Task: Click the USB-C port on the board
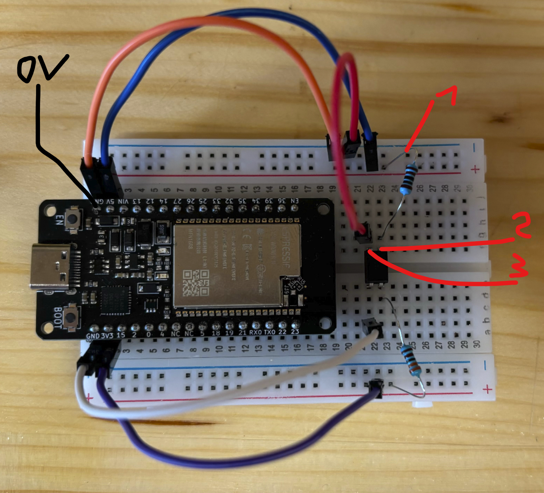50,267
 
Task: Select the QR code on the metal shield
196,283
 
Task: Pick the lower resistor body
410,361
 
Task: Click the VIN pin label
123,202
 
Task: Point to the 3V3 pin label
107,335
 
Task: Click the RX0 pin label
255,332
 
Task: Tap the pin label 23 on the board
295,332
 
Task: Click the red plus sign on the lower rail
488,389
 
